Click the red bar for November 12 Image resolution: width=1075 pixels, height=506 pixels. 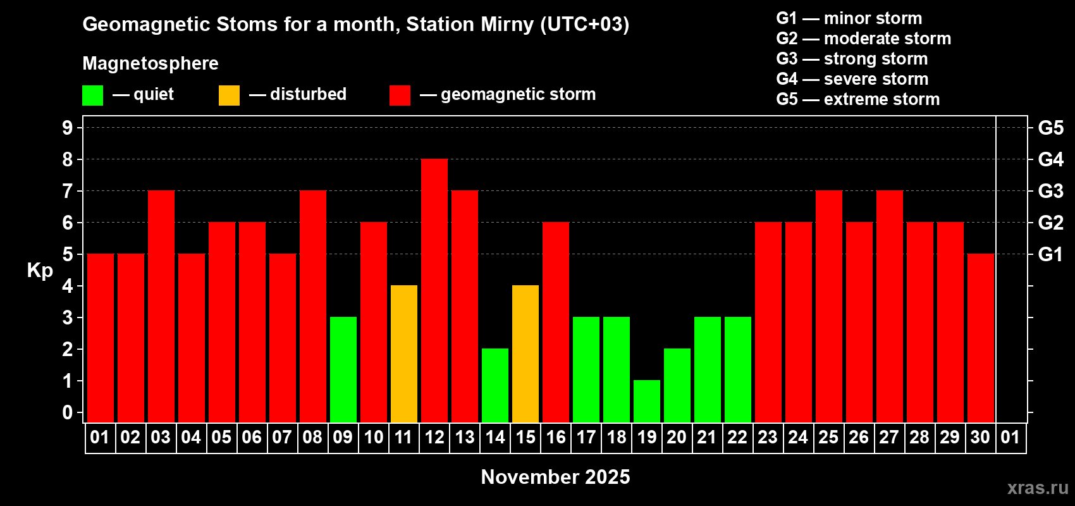pos(434,290)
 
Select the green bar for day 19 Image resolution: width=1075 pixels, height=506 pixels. pos(647,402)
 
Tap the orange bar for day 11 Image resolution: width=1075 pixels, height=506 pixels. pos(404,354)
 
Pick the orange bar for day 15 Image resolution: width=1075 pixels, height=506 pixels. pos(525,354)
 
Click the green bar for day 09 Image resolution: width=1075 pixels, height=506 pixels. pos(343,369)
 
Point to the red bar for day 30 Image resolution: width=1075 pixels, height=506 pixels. pos(980,338)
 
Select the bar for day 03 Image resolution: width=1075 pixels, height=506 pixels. pos(161,306)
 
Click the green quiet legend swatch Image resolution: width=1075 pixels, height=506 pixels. pos(92,95)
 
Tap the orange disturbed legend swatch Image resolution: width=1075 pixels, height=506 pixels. pos(229,95)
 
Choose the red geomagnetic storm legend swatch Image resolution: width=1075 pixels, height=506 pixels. pos(400,95)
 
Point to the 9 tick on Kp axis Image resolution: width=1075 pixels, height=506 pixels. pos(67,128)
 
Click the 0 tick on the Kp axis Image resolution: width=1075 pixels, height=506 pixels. pos(67,412)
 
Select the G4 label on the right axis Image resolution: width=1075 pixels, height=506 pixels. pos(1051,159)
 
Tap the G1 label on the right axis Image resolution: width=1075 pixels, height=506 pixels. pos(1050,254)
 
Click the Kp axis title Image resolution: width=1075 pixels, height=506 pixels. pos(40,270)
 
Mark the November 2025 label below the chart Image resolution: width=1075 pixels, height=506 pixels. pos(555,477)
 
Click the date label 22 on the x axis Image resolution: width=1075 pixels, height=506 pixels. pos(737,437)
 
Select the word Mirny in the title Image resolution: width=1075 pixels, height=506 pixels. pos(507,25)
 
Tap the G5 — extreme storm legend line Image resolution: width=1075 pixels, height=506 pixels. pos(857,99)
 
